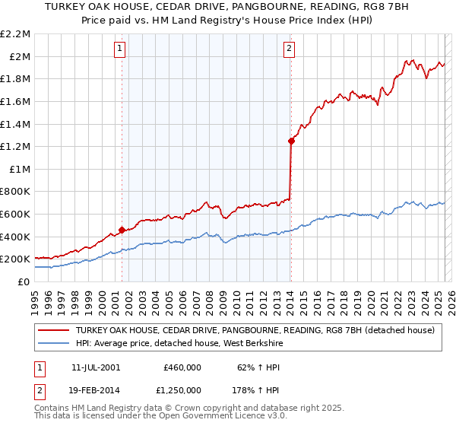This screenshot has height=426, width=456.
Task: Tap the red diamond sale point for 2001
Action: [122, 229]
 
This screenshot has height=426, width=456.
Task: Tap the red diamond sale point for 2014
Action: [291, 140]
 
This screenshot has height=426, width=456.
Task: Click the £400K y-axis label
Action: [16, 237]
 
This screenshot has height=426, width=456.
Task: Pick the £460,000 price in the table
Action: [182, 367]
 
